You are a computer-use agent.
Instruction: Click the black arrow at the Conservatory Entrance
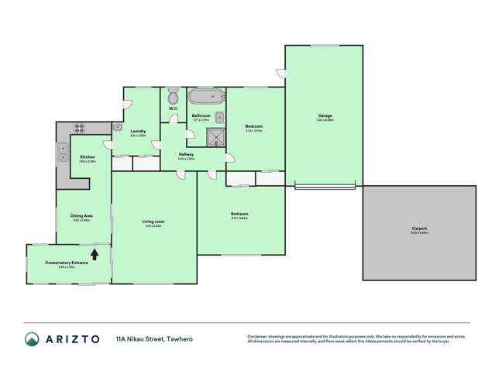pyautogui.click(x=95, y=252)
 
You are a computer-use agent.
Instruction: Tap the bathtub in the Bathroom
pyautogui.click(x=207, y=97)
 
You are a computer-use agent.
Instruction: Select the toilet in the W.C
pyautogui.click(x=173, y=97)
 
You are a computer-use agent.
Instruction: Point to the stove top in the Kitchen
pyautogui.click(x=78, y=129)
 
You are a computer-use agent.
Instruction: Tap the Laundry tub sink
pyautogui.click(x=117, y=125)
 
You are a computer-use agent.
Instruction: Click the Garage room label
pyautogui.click(x=325, y=117)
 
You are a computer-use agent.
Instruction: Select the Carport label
pyautogui.click(x=419, y=228)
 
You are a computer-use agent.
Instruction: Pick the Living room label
pyautogui.click(x=153, y=222)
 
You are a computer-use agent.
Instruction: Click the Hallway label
pyautogui.click(x=186, y=154)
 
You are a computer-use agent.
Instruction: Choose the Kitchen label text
pyautogui.click(x=87, y=157)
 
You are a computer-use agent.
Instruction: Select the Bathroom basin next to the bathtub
pyautogui.click(x=219, y=117)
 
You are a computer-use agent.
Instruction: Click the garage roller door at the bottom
pyautogui.click(x=325, y=186)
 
